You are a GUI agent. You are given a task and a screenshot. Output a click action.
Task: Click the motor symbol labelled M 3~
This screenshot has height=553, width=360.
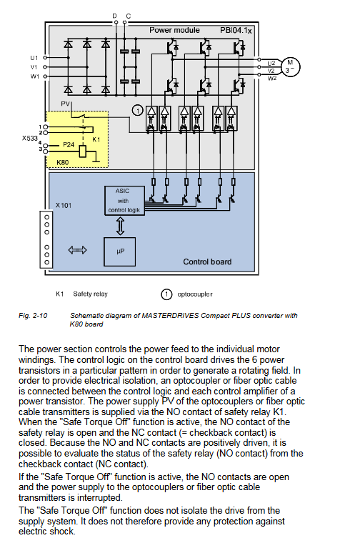pyautogui.click(x=290, y=67)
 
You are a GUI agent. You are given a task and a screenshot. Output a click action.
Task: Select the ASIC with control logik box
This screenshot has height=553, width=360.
pyautogui.click(x=124, y=201)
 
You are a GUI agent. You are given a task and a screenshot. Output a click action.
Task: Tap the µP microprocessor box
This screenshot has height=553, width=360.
pyautogui.click(x=119, y=251)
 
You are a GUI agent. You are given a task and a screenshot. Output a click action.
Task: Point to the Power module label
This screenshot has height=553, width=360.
pyautogui.click(x=174, y=30)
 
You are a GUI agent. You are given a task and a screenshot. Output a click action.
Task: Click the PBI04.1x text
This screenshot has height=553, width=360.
pyautogui.click(x=236, y=31)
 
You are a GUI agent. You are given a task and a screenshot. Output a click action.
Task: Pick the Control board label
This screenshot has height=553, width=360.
pyautogui.click(x=207, y=261)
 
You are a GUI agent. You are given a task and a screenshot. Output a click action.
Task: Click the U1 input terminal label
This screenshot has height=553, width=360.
pyautogui.click(x=34, y=58)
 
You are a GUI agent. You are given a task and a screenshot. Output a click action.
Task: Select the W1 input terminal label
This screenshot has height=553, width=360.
pyautogui.click(x=34, y=76)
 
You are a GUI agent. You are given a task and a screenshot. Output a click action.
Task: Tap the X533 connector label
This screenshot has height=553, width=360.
pyautogui.click(x=29, y=138)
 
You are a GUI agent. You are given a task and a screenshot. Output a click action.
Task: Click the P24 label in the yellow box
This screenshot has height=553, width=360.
pyautogui.click(x=69, y=144)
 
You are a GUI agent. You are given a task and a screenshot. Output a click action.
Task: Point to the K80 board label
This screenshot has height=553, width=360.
pyautogui.click(x=62, y=162)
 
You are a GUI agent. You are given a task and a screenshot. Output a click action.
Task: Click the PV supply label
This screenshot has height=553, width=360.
pyautogui.click(x=66, y=104)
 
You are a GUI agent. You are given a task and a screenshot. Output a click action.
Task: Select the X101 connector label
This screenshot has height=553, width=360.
pyautogui.click(x=64, y=205)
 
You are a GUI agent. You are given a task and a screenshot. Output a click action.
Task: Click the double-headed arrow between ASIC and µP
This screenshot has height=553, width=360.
pyautogui.click(x=120, y=226)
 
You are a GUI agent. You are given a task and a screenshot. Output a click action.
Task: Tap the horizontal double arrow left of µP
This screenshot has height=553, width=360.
pyautogui.click(x=78, y=250)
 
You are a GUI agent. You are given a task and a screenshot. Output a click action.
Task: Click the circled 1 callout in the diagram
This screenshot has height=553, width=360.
pyautogui.click(x=138, y=111)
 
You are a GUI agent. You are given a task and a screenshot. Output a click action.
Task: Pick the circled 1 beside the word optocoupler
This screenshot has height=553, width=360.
pyautogui.click(x=166, y=294)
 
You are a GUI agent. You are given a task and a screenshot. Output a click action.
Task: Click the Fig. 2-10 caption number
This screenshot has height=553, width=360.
pyautogui.click(x=33, y=316)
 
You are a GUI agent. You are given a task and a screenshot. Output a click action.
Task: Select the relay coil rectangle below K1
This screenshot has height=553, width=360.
pyautogui.click(x=83, y=151)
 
